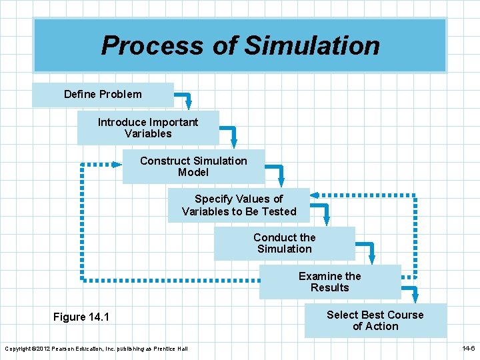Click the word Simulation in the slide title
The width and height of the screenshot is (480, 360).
(x=312, y=46)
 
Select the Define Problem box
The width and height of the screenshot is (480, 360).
(x=103, y=95)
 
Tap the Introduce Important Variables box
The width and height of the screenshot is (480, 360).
(x=148, y=128)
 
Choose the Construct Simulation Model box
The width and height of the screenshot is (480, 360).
(x=193, y=167)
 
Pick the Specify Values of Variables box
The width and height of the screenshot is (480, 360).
(x=239, y=205)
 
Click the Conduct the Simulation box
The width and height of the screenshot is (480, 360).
(x=284, y=243)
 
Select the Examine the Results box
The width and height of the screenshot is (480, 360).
(x=329, y=282)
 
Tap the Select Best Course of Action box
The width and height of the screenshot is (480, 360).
(x=375, y=321)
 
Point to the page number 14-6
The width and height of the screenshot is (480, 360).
(x=468, y=349)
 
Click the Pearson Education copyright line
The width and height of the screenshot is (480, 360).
(x=96, y=349)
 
